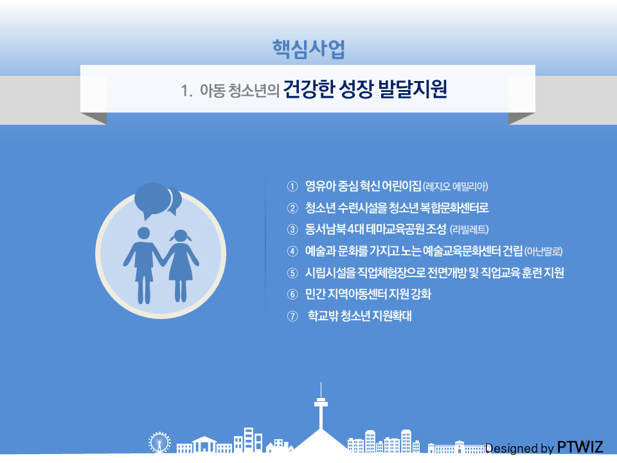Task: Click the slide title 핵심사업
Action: tap(308, 50)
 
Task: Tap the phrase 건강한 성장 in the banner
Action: tap(328, 89)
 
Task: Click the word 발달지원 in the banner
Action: tap(413, 89)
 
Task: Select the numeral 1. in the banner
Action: tap(186, 91)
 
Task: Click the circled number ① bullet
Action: tap(292, 186)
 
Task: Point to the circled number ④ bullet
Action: tap(292, 251)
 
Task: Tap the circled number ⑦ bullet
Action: tap(292, 316)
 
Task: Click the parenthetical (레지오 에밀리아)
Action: tap(455, 186)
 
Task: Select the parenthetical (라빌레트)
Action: tap(469, 230)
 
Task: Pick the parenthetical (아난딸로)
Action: tap(544, 251)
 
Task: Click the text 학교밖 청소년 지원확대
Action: tap(360, 316)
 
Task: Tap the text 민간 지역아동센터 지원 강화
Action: tap(368, 294)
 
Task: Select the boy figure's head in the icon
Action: tap(143, 233)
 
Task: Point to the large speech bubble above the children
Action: tap(152, 199)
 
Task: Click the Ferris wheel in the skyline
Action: tap(159, 442)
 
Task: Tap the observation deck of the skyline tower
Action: tap(321, 403)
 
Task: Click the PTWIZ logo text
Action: tap(580, 448)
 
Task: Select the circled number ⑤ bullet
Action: tap(292, 273)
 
